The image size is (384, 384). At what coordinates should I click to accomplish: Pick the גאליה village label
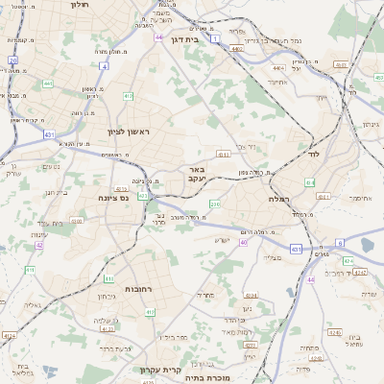(31, 305)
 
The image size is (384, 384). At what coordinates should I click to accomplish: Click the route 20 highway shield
(12, 60)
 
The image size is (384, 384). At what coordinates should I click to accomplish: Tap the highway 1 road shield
(216, 38)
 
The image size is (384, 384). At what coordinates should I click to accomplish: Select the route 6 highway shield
(340, 244)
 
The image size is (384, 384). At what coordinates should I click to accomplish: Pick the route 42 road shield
(39, 245)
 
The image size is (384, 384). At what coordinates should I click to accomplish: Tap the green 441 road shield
(46, 84)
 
